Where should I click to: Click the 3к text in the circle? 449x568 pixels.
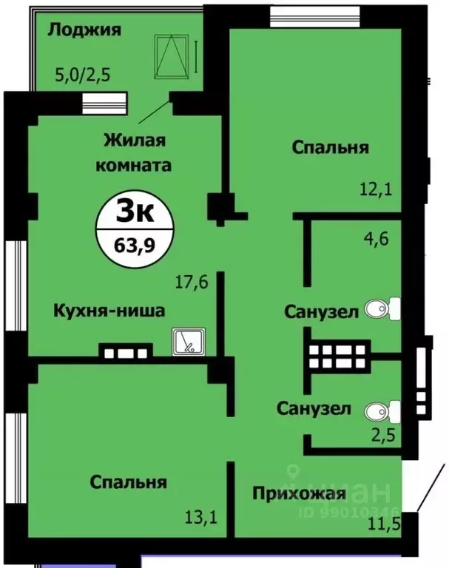coord(135,214)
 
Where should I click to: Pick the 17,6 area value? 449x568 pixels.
coord(190,281)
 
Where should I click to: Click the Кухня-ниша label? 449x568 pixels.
coord(109,311)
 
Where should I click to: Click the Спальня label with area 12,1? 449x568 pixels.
coord(330,147)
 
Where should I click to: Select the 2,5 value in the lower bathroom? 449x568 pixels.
coord(382,434)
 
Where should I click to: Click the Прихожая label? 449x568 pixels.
coord(298,493)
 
